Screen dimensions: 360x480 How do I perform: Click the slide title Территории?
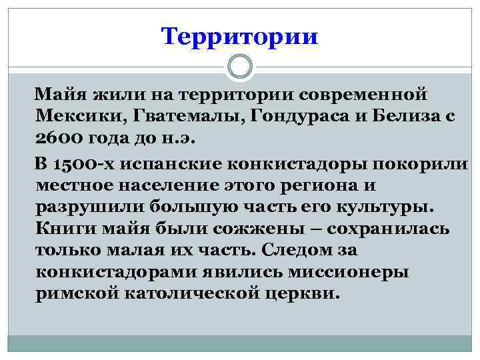tap(240, 36)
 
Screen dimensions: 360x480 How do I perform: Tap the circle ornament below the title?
tap(240, 67)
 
